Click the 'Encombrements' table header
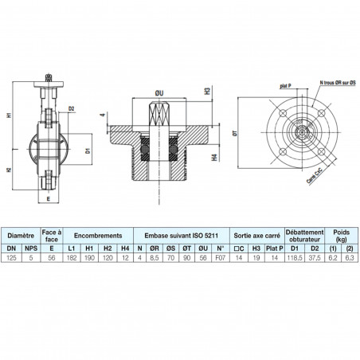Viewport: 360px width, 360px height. [99, 237]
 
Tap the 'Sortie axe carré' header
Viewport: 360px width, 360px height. [255, 237]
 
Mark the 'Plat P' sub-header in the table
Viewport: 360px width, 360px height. [274, 248]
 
